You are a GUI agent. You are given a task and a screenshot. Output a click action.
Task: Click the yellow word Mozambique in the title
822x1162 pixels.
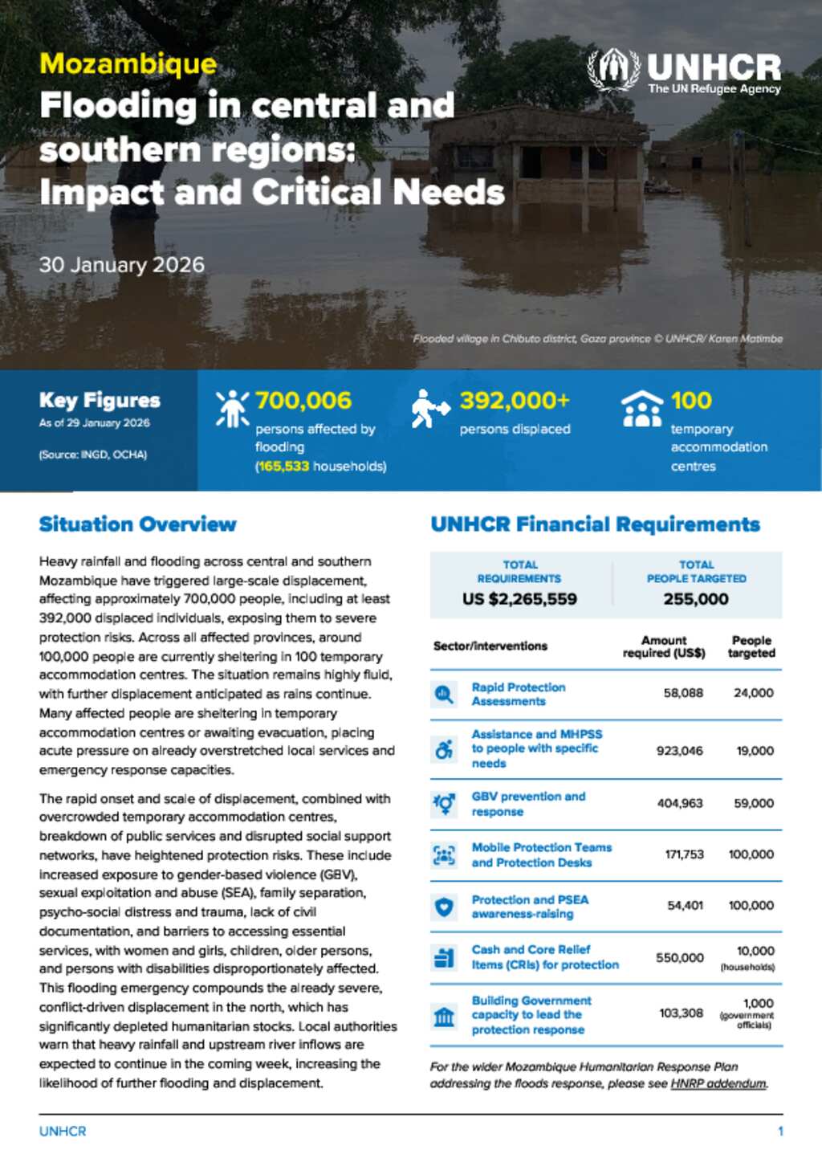pyautogui.click(x=128, y=63)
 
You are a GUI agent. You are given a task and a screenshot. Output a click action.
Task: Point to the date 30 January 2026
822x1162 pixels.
pyautogui.click(x=122, y=265)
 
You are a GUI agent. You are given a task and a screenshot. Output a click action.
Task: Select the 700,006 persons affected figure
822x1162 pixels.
pyautogui.click(x=303, y=400)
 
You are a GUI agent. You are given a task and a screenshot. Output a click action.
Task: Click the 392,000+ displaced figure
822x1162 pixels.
pyautogui.click(x=515, y=400)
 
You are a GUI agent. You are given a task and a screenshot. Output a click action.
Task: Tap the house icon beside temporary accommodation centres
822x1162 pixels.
pyautogui.click(x=642, y=408)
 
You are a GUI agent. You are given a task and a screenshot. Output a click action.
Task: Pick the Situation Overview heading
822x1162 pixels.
pyautogui.click(x=137, y=524)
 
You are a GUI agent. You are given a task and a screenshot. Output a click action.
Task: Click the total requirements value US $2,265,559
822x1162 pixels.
pyautogui.click(x=519, y=599)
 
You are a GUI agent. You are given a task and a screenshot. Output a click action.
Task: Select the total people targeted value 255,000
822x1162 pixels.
pyautogui.click(x=696, y=599)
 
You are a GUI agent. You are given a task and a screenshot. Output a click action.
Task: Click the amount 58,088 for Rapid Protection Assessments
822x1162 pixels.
pyautogui.click(x=683, y=693)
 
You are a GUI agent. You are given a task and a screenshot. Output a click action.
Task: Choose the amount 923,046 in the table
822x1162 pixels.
pyautogui.click(x=679, y=751)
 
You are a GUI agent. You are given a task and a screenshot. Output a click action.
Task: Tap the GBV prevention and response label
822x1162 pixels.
pyautogui.click(x=528, y=804)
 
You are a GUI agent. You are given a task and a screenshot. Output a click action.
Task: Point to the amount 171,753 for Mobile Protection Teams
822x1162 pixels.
pyautogui.click(x=684, y=854)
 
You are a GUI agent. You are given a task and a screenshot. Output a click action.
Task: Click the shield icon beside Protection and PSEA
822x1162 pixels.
pyautogui.click(x=444, y=907)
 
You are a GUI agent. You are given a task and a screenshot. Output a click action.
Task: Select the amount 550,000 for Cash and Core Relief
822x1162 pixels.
pyautogui.click(x=680, y=957)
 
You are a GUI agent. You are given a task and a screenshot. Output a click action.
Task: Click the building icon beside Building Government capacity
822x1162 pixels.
pyautogui.click(x=444, y=1017)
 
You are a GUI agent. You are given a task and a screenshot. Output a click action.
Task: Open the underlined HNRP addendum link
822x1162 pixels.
pyautogui.click(x=718, y=1084)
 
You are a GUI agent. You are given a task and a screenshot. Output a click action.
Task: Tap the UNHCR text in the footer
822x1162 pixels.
pyautogui.click(x=63, y=1131)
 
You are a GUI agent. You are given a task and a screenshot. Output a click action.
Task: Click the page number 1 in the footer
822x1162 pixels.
pyautogui.click(x=780, y=1131)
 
